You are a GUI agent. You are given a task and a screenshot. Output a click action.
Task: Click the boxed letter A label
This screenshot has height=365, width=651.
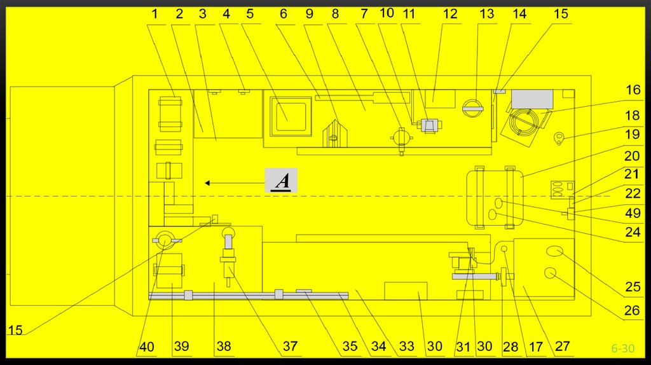[x=281, y=181]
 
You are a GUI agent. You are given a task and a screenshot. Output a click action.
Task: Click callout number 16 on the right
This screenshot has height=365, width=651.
[x=633, y=90]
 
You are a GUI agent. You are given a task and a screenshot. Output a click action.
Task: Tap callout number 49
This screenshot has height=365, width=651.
[x=633, y=214]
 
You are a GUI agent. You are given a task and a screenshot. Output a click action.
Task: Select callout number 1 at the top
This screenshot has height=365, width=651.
[x=154, y=14]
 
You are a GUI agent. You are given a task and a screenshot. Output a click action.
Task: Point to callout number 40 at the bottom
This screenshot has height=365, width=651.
[x=147, y=347]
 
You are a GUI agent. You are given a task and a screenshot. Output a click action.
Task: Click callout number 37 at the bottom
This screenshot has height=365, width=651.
[x=290, y=347]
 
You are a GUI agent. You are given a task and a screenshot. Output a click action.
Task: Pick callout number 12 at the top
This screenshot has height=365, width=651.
[x=450, y=14]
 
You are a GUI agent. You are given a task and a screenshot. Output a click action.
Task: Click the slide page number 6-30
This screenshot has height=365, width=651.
[x=623, y=348]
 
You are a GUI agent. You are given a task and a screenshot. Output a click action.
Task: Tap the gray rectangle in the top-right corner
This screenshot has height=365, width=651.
[x=532, y=99]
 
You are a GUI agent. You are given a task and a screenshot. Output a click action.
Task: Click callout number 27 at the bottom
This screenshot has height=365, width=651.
[x=563, y=347]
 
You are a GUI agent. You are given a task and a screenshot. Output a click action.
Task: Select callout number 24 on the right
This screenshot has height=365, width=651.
[x=633, y=233]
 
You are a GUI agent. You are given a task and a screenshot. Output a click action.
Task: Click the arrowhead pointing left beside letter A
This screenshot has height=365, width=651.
[x=207, y=183]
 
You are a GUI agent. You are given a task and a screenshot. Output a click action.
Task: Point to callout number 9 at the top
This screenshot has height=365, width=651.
[x=309, y=14]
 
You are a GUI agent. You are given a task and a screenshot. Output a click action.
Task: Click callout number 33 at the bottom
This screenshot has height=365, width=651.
[x=406, y=347]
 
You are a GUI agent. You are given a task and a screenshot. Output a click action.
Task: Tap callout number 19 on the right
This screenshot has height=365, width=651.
[x=633, y=134]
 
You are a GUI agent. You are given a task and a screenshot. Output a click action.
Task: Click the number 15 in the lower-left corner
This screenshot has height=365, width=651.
[x=15, y=330]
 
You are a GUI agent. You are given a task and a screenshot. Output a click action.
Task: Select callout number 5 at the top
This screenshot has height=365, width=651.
[x=250, y=14]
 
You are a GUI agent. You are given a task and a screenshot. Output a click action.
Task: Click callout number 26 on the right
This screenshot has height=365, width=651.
[x=633, y=312]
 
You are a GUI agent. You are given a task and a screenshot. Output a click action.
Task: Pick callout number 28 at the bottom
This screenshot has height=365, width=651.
[x=511, y=347]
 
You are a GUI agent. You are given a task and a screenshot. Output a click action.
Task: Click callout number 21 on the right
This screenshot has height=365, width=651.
[x=633, y=174]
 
